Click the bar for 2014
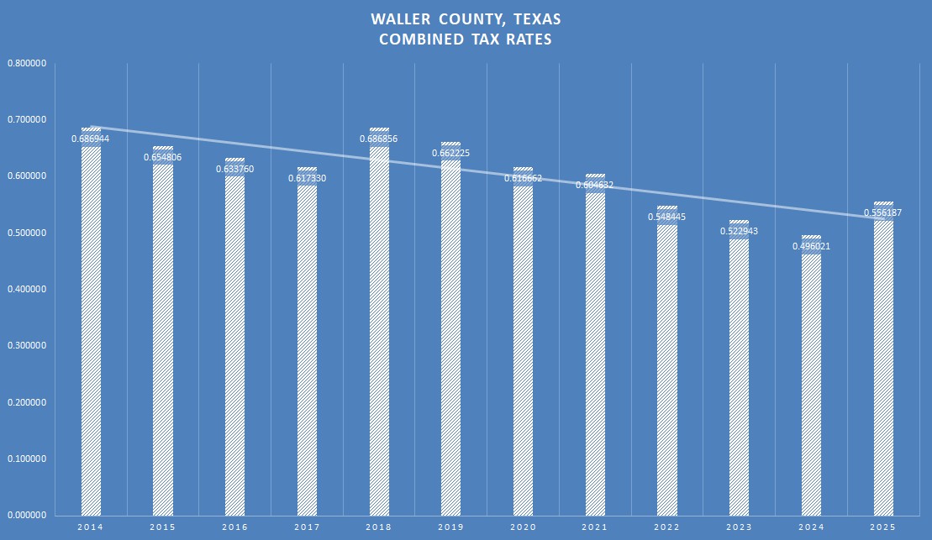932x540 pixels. coord(91,336)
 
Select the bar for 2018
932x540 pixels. coord(379,336)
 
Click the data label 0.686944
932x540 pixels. coord(91,139)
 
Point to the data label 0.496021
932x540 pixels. coord(811,246)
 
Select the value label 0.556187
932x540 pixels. coord(883,212)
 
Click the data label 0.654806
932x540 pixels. coord(163,156)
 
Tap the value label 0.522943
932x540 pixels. coord(740,231)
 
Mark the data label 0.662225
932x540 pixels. coord(451,153)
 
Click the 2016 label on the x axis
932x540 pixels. coord(234,527)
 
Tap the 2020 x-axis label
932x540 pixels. coord(523,527)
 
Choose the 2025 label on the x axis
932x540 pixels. coord(883,527)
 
